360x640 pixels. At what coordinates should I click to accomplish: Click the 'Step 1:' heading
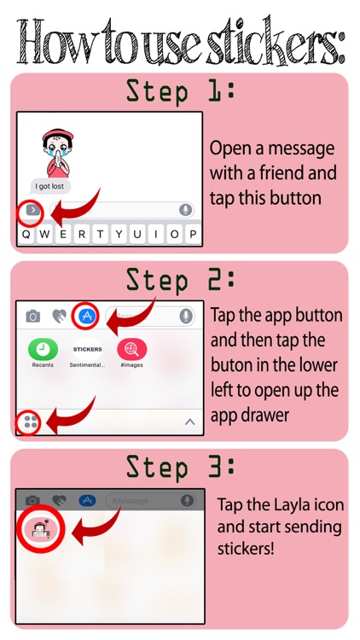point(180,92)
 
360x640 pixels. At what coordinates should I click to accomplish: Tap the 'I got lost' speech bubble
point(50,187)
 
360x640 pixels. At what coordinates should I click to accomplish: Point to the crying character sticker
point(58,153)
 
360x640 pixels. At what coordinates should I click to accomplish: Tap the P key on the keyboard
point(193,235)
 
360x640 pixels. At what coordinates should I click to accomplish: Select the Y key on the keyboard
point(119,235)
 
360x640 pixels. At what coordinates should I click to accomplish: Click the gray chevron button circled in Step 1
point(32,210)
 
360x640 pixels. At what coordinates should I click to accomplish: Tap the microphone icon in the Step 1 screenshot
point(186,210)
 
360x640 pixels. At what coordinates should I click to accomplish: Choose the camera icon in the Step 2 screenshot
point(32,317)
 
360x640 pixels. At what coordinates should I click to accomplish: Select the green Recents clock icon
point(43,349)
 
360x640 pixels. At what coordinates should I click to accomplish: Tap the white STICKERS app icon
point(87,349)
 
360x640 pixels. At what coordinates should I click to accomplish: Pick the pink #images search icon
point(132,349)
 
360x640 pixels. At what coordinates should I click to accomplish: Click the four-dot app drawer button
point(30,422)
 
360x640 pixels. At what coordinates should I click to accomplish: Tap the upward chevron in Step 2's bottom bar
point(189,422)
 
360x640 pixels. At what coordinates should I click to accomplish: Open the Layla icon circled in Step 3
point(40,529)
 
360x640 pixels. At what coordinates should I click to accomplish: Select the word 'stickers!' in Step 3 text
point(246,548)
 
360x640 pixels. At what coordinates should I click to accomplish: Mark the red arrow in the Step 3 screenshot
point(96,527)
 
